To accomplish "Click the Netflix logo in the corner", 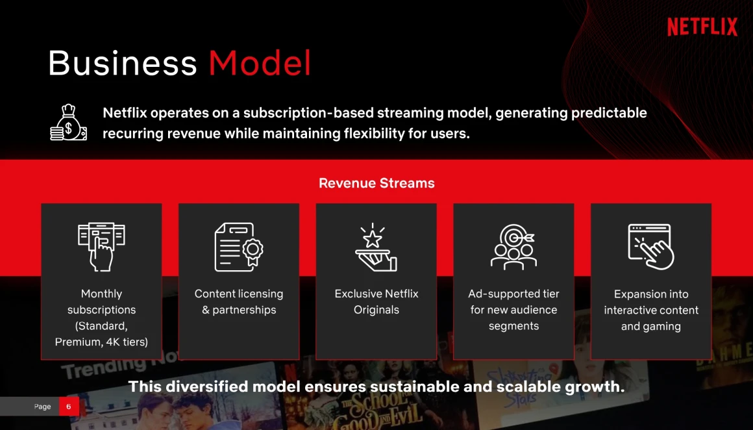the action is coord(702,27).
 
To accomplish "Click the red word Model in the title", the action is coord(260,63).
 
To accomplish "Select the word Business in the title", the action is coord(123,63).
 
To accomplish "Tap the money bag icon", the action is coord(69,123).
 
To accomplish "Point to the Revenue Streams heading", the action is coord(376,183).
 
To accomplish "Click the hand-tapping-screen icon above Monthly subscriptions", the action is coord(101,246).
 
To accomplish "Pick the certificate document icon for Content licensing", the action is coord(239,247).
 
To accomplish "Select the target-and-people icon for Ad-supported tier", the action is coord(513,246).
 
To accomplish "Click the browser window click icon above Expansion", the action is coord(650,246).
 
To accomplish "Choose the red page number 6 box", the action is coord(69,407).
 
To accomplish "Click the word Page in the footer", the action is coord(42,407).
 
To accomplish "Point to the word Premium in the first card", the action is coord(74,342).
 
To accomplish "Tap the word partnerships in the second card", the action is coord(245,310).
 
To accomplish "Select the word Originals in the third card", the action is coord(376,310).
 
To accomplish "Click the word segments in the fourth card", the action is coord(514,326).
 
